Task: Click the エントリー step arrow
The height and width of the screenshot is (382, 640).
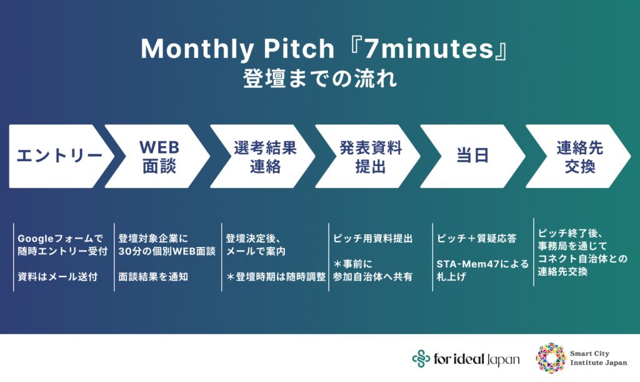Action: coord(59,156)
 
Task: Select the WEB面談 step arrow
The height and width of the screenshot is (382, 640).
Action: coord(159,156)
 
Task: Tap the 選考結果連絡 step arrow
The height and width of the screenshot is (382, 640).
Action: coord(265,156)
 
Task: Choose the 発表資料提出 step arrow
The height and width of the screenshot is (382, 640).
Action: coord(370,156)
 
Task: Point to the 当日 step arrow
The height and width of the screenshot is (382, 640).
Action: coord(474,156)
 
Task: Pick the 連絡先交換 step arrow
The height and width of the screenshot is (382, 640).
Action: coord(579,156)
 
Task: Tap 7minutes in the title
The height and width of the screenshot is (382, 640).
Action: coord(429,49)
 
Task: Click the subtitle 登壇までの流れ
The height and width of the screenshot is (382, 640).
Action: coord(319,78)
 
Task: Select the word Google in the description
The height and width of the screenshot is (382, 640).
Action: coord(36,239)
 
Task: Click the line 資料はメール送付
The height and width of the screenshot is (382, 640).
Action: coord(57,277)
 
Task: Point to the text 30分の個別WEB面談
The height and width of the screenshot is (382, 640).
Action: coord(167,252)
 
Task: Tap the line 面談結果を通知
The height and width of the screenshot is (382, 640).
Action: coord(153,277)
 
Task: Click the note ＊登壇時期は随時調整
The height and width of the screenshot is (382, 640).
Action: coord(276,277)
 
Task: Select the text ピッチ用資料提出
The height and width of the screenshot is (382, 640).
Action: coord(372,238)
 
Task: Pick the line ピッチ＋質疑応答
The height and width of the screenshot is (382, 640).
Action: coord(477,238)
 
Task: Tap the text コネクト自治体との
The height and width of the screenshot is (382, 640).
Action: coord(582,258)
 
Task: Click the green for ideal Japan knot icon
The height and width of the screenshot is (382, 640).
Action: coord(421,359)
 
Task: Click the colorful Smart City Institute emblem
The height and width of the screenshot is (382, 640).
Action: coord(551,358)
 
